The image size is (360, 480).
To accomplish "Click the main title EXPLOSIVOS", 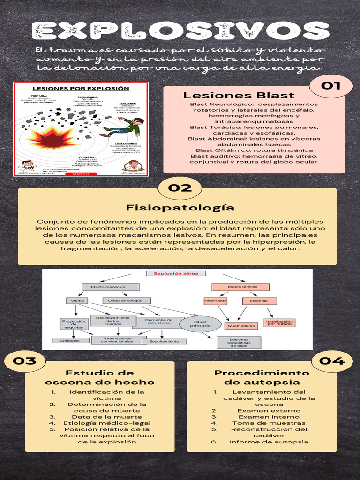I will pos(180,31).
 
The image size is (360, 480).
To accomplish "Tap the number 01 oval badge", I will pos(331,86).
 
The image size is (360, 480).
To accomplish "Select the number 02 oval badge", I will pos(180,188).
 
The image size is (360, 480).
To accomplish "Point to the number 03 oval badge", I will pos(24,361).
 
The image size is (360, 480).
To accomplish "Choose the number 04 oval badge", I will pos(332,361).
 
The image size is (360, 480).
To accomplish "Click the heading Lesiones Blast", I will pos(239,96).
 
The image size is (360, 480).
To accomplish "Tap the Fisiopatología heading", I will pos(180,208).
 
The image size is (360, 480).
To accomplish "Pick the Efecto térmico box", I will pos(240,287).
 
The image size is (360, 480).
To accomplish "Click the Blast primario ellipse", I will pos(201,324).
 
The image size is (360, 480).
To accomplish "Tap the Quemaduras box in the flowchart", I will pos(240,325).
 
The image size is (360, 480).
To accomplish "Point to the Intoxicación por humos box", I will pos(279,322).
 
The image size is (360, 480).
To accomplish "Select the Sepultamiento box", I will pos(164,341).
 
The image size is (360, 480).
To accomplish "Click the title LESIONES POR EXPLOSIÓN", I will pos(80,88).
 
